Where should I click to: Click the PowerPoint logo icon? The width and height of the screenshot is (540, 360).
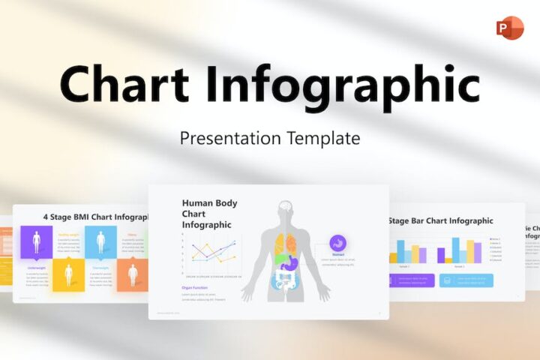click(509, 27)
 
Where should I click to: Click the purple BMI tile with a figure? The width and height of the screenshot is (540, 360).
click(37, 242)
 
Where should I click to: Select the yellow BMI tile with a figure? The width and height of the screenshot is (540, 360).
click(68, 274)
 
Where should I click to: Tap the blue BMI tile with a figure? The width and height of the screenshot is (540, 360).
click(100, 242)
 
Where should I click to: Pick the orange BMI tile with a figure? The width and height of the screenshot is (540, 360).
click(133, 274)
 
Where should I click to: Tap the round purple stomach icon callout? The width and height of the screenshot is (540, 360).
click(338, 243)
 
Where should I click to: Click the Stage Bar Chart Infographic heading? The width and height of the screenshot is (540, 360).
click(441, 220)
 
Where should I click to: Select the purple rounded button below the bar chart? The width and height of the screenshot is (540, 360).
click(411, 280)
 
